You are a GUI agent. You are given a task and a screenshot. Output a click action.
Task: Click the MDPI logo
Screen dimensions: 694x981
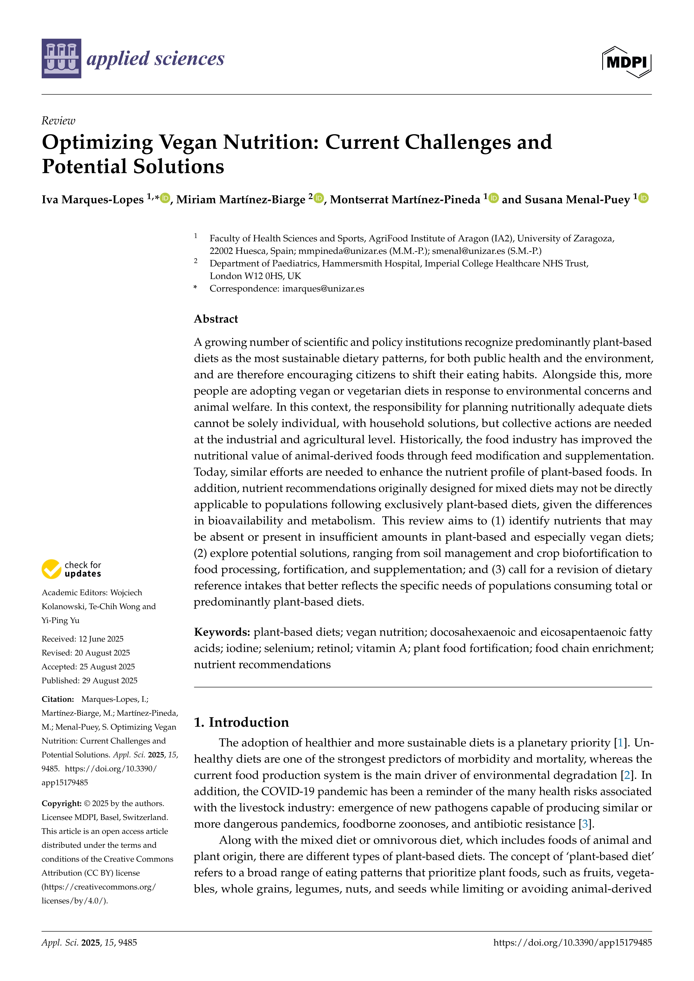[x=627, y=62]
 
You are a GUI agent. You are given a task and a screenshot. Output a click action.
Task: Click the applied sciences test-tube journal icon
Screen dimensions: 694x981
[x=61, y=58]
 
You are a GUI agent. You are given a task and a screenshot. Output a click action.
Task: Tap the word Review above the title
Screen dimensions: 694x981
[x=58, y=121]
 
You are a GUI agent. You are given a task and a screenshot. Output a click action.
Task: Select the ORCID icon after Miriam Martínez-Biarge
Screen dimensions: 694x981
[x=318, y=198]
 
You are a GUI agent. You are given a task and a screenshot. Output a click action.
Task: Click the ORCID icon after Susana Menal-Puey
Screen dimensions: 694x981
[x=644, y=198]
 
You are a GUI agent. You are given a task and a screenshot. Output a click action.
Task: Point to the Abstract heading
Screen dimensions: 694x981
[x=216, y=319]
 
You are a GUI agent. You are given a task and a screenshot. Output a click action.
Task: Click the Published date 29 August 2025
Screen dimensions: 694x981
[x=109, y=681]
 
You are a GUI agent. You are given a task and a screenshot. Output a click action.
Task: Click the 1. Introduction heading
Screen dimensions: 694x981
[x=242, y=722]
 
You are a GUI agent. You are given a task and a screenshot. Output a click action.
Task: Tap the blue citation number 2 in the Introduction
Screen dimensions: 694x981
[x=627, y=775]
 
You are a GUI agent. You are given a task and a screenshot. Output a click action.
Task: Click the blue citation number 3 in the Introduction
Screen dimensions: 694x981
[x=585, y=824]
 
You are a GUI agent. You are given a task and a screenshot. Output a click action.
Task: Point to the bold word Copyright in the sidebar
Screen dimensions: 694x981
[x=61, y=803]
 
